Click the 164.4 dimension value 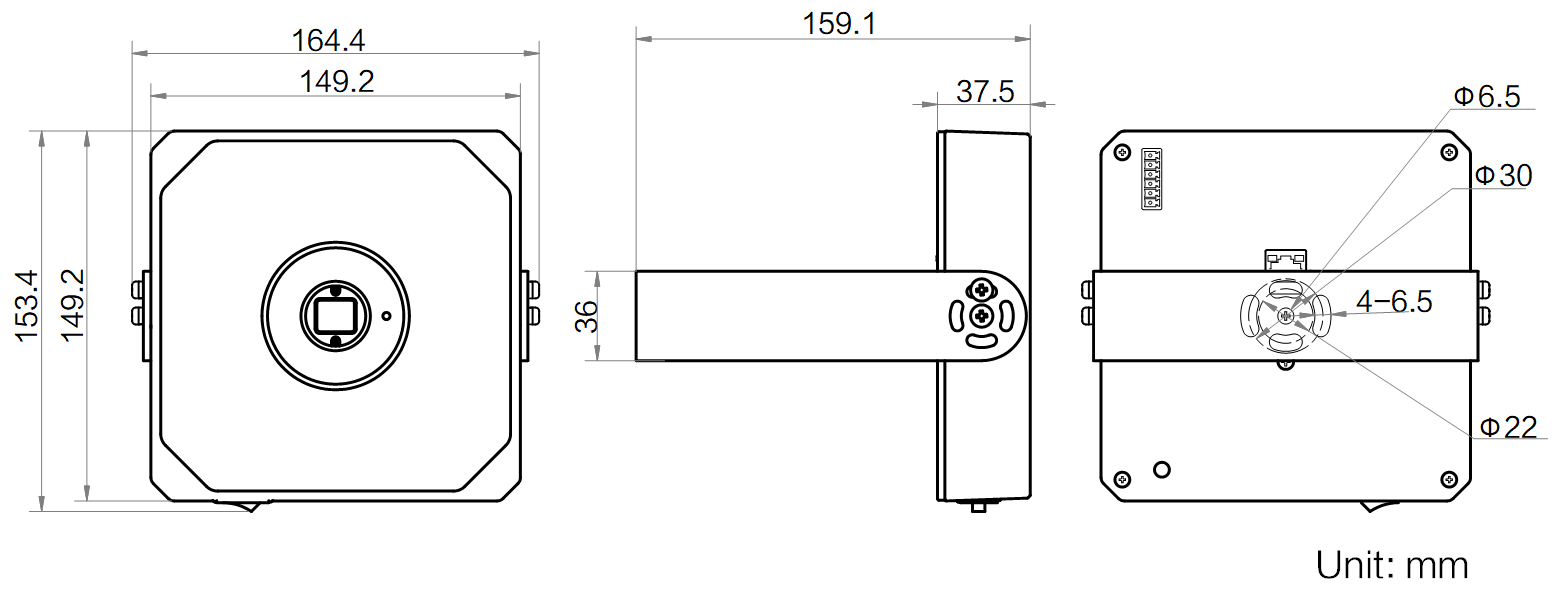coord(328,40)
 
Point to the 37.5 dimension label coord(985,92)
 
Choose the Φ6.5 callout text coord(1486,96)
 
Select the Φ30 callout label coord(1503,176)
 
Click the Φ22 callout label coord(1507,427)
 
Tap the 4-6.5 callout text coord(1394,301)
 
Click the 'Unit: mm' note coord(1392,565)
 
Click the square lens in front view coord(334,317)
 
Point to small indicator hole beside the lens coord(387,317)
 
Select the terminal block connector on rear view coord(1152,179)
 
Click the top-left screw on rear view coord(1122,153)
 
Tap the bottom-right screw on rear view coord(1449,480)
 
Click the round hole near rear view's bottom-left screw coord(1161,469)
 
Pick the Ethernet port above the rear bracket coord(1286,260)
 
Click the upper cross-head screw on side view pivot coord(981,291)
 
